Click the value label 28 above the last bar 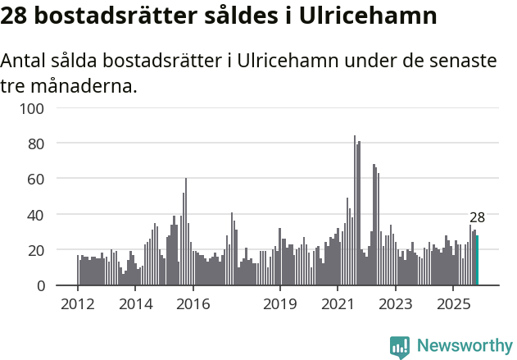click(477, 218)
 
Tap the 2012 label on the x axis click(78, 303)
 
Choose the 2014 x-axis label click(136, 303)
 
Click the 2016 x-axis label click(193, 303)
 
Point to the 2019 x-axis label click(280, 303)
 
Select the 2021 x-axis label click(338, 303)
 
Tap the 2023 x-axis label click(396, 303)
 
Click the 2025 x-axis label click(453, 303)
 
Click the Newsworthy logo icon click(400, 347)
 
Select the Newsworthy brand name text click(464, 346)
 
